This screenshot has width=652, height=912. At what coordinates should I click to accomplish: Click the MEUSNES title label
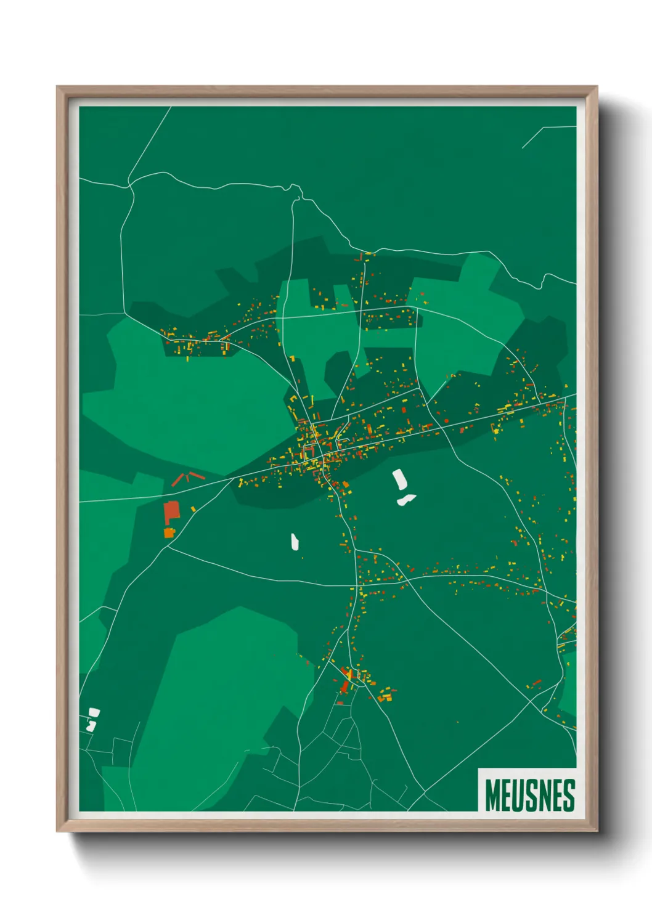tap(529, 795)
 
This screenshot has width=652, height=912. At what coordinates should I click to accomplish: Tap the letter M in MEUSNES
tap(492, 795)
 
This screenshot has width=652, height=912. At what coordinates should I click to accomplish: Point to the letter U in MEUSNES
tap(521, 795)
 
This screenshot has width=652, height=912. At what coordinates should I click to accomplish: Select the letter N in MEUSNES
tap(550, 795)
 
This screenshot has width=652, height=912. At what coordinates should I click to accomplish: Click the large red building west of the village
tap(171, 512)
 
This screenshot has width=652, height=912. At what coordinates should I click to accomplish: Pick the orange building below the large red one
tap(169, 532)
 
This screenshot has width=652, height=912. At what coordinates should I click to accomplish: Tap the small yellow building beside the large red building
tap(193, 509)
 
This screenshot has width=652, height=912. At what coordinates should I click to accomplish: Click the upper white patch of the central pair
tap(399, 479)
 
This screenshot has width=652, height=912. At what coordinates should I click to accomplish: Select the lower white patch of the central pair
tap(406, 500)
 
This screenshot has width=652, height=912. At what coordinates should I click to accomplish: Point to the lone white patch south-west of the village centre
tap(295, 542)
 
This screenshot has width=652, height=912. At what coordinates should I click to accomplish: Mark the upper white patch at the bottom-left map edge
tap(94, 712)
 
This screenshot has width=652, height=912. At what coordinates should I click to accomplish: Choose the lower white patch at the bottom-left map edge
tap(91, 726)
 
